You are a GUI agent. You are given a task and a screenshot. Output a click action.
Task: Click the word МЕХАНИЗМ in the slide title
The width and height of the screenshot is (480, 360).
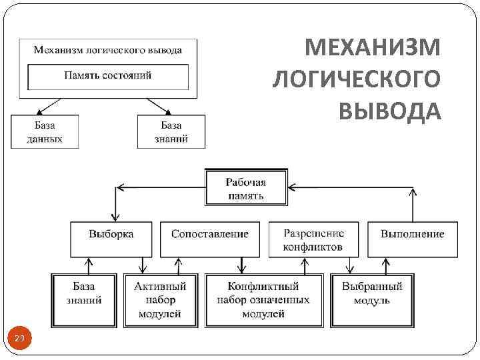click(373, 49)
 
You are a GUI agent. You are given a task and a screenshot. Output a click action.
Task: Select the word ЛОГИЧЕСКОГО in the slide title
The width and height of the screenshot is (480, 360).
click(357, 79)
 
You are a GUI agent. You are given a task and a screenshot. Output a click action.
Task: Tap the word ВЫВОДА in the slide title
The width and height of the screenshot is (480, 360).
click(389, 110)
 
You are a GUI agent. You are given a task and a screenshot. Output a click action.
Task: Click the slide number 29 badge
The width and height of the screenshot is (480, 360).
click(19, 340)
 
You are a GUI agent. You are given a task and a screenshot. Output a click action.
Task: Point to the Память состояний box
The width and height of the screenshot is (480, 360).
click(108, 76)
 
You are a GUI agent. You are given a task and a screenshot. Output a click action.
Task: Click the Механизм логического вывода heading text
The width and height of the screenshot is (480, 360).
click(108, 49)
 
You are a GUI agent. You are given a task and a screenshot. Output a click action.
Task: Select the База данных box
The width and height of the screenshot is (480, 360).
click(45, 132)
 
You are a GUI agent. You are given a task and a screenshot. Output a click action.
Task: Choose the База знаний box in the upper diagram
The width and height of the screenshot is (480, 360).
click(171, 132)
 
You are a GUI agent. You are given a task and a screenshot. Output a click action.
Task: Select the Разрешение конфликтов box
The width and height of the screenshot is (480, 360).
click(313, 239)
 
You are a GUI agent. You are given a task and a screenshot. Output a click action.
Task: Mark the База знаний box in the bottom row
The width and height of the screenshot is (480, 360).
click(85, 299)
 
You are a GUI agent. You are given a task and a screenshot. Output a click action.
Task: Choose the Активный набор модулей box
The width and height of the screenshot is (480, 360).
click(159, 299)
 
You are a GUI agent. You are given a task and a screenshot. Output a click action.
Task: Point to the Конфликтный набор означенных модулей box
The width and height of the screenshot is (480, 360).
click(263, 299)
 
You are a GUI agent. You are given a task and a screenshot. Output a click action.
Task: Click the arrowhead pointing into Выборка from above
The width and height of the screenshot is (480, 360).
click(115, 217)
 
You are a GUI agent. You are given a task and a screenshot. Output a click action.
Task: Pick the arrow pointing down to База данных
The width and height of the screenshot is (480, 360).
click(42, 111)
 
